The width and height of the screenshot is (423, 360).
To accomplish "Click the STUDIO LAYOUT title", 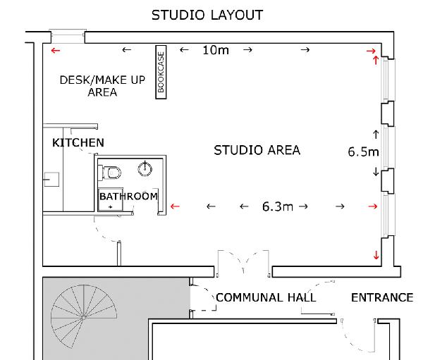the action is tap(207, 15).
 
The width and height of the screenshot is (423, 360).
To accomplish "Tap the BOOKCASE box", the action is tap(161, 72).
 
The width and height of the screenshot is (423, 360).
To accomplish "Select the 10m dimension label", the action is tap(216, 50).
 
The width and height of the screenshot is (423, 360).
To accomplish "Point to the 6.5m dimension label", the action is tap(363, 151).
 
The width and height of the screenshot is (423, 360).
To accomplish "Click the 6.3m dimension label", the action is tap(278, 206).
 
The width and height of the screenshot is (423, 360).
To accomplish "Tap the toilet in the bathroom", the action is tap(111, 173).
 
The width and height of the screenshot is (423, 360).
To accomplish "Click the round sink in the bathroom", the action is tap(145, 169).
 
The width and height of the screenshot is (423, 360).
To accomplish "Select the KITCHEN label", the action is tap(78, 142).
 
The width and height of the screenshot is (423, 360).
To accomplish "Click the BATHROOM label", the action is tap(129, 196).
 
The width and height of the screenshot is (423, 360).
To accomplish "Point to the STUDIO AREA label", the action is tap(257, 150).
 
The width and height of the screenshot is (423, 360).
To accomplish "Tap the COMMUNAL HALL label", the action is tap(266, 297).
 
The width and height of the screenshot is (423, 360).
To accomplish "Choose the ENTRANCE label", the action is tap(382, 297).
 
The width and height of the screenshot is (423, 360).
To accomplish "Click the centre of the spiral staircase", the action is tap(84, 317).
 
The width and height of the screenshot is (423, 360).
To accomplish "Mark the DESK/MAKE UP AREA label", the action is tap(102, 86).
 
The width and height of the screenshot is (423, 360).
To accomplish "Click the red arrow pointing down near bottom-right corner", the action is tap(376, 255).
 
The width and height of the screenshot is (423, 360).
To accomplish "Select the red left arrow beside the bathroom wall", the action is tap(175, 206).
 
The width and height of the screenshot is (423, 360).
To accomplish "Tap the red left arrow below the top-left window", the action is tap(56, 51).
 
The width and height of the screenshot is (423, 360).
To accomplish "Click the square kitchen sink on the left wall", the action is tap(51, 180).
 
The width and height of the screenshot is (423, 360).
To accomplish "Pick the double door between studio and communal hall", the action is tap(243, 263).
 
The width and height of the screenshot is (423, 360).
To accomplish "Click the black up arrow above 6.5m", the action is tap(376, 135).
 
